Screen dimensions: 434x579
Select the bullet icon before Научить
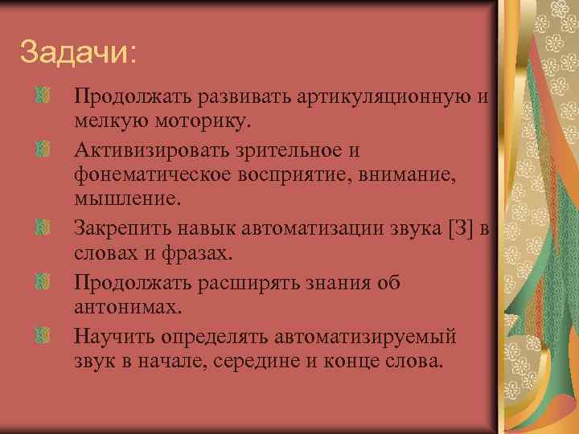coord(44,334)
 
